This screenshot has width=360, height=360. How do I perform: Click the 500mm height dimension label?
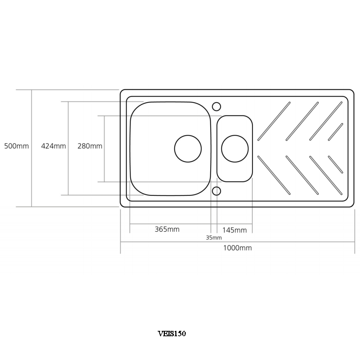tap(16, 146)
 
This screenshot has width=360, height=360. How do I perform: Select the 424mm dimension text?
tap(53, 146)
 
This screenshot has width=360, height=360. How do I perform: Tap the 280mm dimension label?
tap(90, 146)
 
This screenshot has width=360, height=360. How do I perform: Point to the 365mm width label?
tap(167, 229)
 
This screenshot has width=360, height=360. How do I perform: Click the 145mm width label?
tap(235, 230)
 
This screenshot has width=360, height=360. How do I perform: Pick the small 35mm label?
tap(214, 238)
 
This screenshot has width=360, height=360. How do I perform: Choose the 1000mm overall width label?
tap(237, 248)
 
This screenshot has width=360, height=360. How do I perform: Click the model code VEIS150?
tap(172, 334)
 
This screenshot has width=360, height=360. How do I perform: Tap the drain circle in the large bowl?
tap(188, 148)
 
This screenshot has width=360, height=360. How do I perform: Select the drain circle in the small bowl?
tap(235, 148)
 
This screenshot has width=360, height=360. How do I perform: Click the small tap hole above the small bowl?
tap(216, 106)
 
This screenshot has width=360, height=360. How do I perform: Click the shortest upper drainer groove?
tap(335, 132)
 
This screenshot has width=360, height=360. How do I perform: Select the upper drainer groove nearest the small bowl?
tap(274, 121)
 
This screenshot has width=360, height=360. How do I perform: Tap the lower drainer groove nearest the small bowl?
tap(274, 175)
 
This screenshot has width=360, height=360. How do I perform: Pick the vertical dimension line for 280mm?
tap(104, 166)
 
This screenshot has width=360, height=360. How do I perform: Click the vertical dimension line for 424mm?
tap(68, 173)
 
